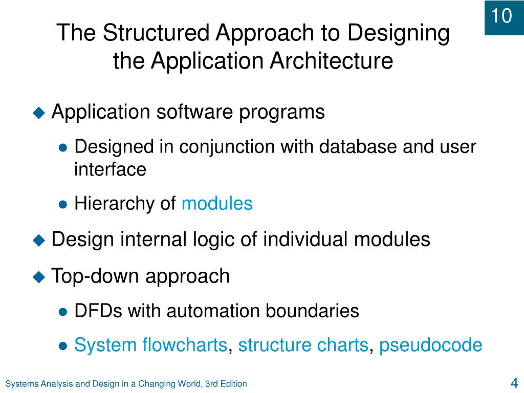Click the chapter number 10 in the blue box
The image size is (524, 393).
pyautogui.click(x=502, y=16)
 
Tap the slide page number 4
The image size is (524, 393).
pyautogui.click(x=514, y=383)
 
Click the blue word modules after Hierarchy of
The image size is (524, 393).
pyautogui.click(x=217, y=204)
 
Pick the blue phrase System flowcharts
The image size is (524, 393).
pyautogui.click(x=150, y=345)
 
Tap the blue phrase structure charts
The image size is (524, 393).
pyautogui.click(x=303, y=345)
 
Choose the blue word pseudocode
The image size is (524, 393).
pyautogui.click(x=430, y=345)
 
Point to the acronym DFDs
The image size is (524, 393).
pyautogui.click(x=98, y=310)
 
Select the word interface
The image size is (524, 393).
pyautogui.click(x=110, y=169)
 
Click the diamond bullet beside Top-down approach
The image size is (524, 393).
pyautogui.click(x=39, y=277)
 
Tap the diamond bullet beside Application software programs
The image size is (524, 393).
pyautogui.click(x=39, y=112)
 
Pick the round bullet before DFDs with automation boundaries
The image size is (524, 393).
pyautogui.click(x=63, y=311)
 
